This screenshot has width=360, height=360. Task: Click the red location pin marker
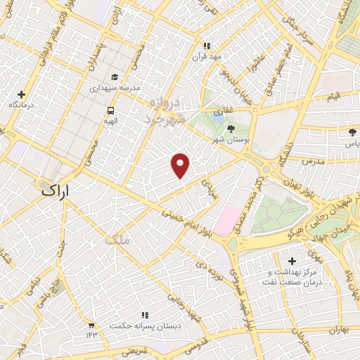(x=181, y=165)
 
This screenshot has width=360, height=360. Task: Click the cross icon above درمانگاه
(x=21, y=94)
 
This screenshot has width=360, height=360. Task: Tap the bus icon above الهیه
(x=110, y=111)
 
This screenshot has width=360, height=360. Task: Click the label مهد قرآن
(x=207, y=56)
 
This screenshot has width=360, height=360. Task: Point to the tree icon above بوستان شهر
(x=231, y=127)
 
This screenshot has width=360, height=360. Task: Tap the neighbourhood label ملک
(x=117, y=240)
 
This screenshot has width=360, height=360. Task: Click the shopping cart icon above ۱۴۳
(x=91, y=325)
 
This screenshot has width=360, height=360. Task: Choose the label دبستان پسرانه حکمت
(x=144, y=326)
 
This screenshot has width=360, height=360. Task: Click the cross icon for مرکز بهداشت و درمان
(x=292, y=262)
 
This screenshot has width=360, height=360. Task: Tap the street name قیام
(x=333, y=96)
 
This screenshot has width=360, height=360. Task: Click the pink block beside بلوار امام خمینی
(x=226, y=219)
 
